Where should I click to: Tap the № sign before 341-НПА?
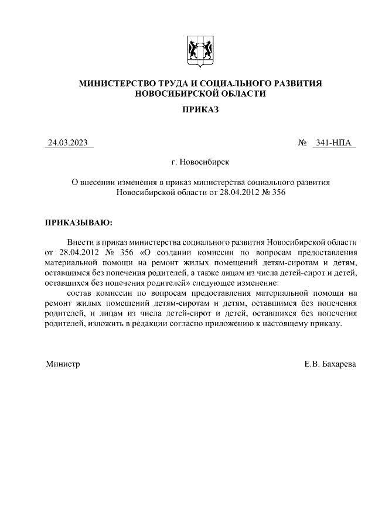[303, 142]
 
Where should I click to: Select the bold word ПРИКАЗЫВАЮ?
[77, 223]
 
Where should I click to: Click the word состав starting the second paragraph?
[79, 293]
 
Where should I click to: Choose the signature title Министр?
[63, 364]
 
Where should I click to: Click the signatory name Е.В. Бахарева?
[329, 364]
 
